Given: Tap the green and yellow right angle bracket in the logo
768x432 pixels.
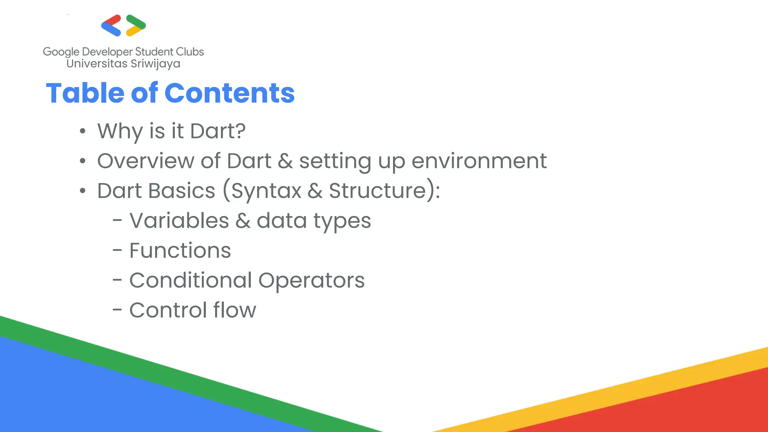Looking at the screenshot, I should pos(136,25).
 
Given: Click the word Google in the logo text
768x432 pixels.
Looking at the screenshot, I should pos(61,52).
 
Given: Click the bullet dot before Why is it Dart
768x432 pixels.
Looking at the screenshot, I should pos(82,132).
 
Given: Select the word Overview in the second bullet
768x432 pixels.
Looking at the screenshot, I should pos(145,161).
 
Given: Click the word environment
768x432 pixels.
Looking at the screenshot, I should pos(479,161).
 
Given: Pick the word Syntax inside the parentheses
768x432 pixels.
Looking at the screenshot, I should pos(266,191).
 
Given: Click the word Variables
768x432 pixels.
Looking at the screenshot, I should pos(179,220).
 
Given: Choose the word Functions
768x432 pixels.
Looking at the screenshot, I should pos(180,250).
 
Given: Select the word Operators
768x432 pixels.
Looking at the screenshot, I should pos(311,281).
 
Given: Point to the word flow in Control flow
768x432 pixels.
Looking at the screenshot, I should pos(234,310).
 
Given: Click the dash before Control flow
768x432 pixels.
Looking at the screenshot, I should pos(117,310).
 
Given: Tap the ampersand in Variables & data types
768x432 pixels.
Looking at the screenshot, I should pos(243,221).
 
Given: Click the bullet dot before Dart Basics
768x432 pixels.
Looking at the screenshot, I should pos(82,191).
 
